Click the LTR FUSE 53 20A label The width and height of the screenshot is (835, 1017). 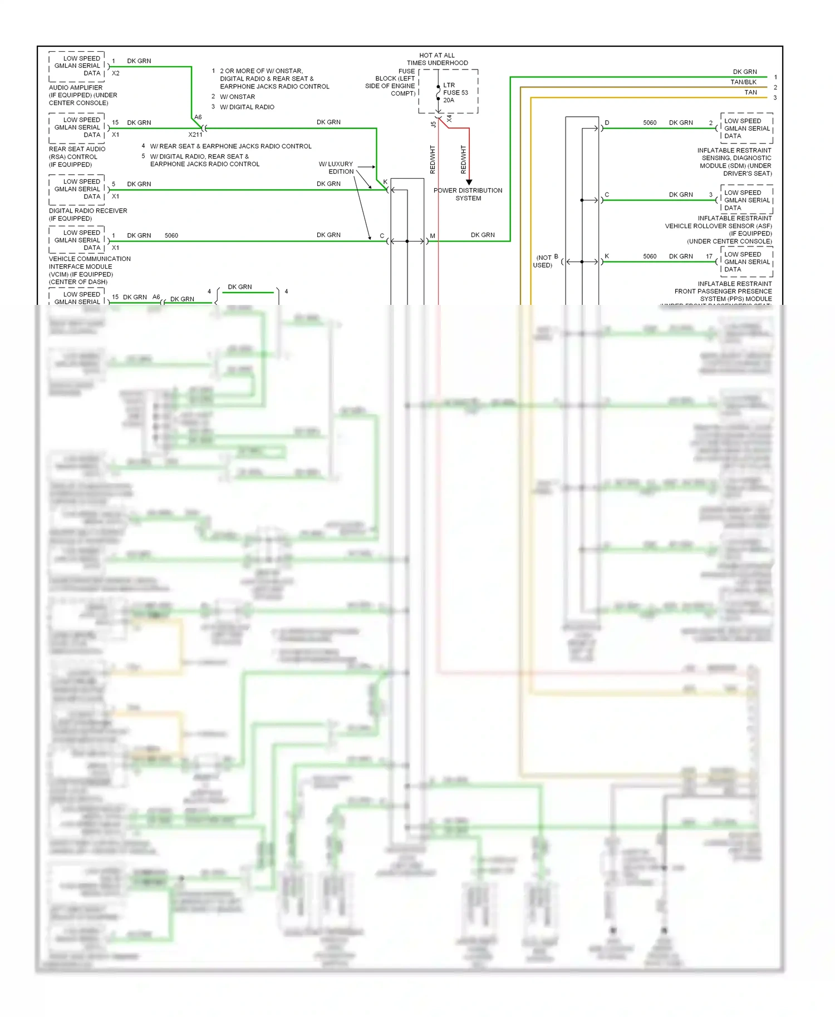[x=455, y=93]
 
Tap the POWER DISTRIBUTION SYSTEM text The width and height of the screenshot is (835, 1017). [x=468, y=194]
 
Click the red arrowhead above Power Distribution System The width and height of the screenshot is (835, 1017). [x=469, y=182]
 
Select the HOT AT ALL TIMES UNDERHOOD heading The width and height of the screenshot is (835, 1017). [x=437, y=59]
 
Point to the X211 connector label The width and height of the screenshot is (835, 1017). [x=195, y=135]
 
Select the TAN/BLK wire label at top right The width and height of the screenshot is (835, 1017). [x=743, y=82]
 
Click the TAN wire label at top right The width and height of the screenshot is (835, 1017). [x=750, y=92]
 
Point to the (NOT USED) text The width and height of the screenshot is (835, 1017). [x=543, y=261]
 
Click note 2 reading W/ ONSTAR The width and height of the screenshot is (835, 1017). [x=237, y=97]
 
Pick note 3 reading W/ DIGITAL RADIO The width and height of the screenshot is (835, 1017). [x=247, y=107]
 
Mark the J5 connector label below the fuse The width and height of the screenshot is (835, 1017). [x=433, y=125]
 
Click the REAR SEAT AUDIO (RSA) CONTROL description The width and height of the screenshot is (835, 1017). [x=77, y=156]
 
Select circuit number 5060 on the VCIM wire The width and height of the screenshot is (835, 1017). [x=171, y=235]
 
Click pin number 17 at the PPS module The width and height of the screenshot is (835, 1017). [x=709, y=256]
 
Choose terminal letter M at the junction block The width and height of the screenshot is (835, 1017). [x=433, y=236]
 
